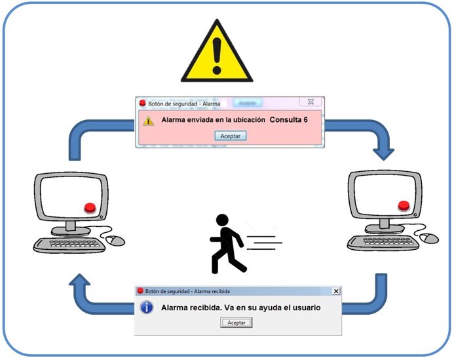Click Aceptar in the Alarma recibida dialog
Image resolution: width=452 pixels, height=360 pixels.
pos(236,323)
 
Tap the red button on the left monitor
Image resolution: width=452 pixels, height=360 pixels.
pos(90,209)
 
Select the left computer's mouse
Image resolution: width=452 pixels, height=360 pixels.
pos(116,241)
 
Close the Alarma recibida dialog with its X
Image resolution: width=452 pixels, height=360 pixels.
pos(336,291)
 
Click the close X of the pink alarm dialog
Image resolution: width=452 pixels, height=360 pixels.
pos(311,102)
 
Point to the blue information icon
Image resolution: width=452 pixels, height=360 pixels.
pos(148,308)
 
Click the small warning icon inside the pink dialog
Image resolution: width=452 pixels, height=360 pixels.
pos(149,121)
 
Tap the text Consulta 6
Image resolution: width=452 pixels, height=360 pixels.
pos(288,121)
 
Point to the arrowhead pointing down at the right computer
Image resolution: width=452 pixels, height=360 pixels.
pos(384,153)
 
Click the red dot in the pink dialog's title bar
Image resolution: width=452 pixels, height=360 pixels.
pos(141,103)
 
